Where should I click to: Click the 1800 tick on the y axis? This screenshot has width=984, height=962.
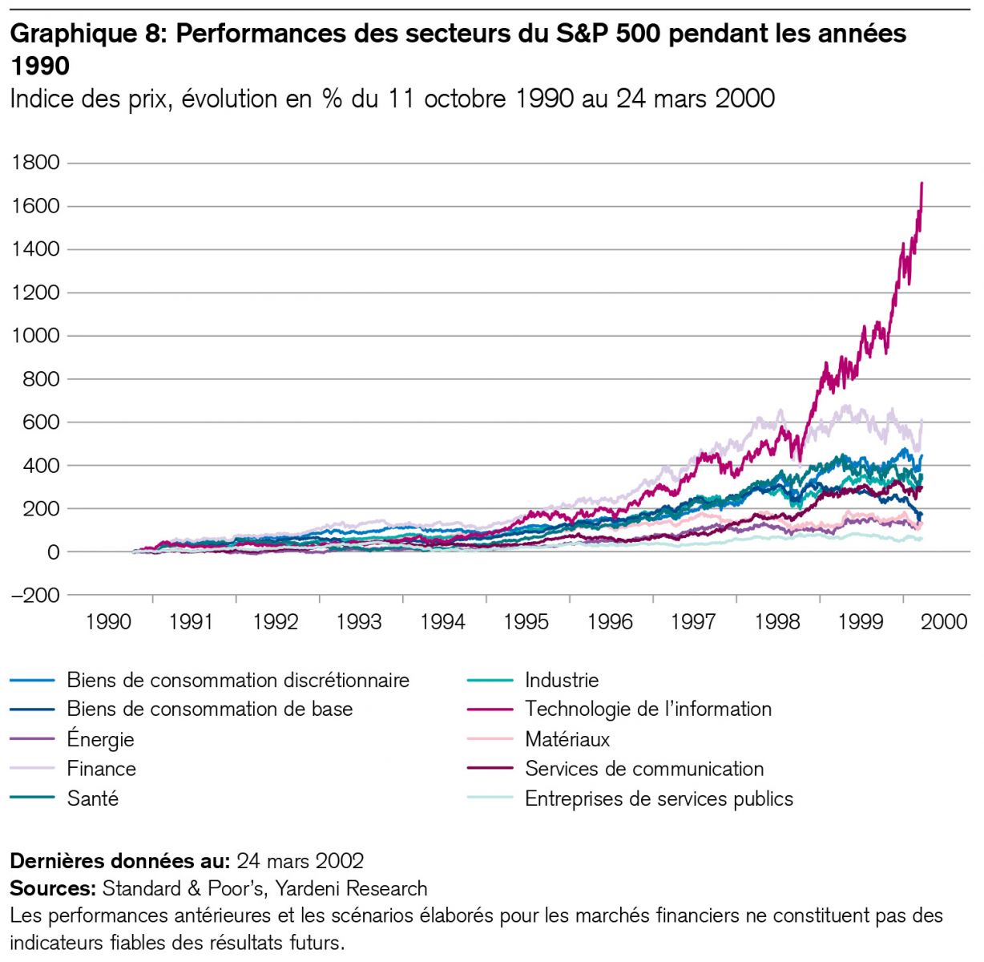(36, 163)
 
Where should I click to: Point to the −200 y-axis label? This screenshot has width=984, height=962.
(36, 596)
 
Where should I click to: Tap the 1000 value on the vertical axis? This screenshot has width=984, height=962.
(36, 336)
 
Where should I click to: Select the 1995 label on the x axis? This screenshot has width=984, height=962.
(526, 622)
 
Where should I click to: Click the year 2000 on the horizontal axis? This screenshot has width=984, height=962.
(944, 622)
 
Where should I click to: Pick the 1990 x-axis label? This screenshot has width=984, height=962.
(108, 622)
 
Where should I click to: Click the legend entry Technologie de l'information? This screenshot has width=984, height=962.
(648, 709)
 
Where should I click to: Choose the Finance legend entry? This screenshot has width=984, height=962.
(102, 770)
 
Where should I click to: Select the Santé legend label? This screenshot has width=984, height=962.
(93, 799)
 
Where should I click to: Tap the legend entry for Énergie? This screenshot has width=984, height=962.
(101, 739)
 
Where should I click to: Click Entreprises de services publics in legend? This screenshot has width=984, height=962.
(659, 799)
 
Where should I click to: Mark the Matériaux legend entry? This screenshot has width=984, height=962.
(567, 739)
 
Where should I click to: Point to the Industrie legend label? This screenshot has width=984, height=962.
(562, 681)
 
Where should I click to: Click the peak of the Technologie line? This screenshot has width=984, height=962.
(922, 184)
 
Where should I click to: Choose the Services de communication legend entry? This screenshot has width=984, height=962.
(644, 770)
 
